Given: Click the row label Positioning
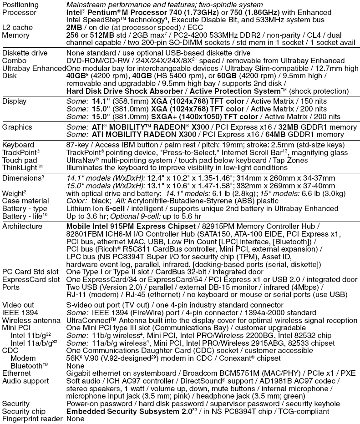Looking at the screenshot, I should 20,5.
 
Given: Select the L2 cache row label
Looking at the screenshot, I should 18,27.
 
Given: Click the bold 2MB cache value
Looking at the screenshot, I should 75,27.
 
